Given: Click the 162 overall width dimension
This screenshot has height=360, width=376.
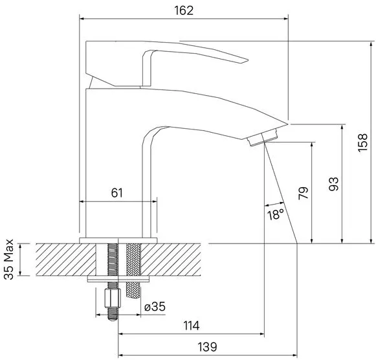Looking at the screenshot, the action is coord(184,10).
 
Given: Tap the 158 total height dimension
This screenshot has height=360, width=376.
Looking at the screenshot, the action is coord(362,142).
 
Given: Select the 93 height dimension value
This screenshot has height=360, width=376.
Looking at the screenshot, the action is coord(333,184).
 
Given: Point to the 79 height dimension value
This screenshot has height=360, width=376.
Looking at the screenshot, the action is coord(304,193).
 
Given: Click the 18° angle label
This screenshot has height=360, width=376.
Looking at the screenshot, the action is coord(276,214).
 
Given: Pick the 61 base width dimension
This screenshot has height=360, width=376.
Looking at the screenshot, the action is coord(116,193).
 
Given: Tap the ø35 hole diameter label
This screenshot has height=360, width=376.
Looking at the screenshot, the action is coord(155,306).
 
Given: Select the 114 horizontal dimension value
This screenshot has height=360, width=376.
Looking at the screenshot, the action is coord(192,326).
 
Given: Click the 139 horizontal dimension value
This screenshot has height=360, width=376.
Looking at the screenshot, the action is coord(207,347).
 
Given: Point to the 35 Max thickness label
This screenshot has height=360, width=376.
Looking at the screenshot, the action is coord(9,259).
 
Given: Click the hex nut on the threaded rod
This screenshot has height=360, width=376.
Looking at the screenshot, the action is coord(113,298).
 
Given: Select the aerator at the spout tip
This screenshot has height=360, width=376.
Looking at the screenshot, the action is coord(262,137).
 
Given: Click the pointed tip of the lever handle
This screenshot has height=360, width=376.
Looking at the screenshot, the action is coord(248,60).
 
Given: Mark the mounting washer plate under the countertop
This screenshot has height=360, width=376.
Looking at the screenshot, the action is coord(118,278).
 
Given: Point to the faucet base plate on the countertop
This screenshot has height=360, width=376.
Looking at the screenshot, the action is coord(118,241).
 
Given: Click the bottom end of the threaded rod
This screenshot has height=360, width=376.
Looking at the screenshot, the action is coord(113,319).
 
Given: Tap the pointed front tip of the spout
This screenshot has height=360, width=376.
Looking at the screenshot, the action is coord(287,124).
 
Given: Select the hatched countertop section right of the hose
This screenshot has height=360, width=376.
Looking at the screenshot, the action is coord(170,260).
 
